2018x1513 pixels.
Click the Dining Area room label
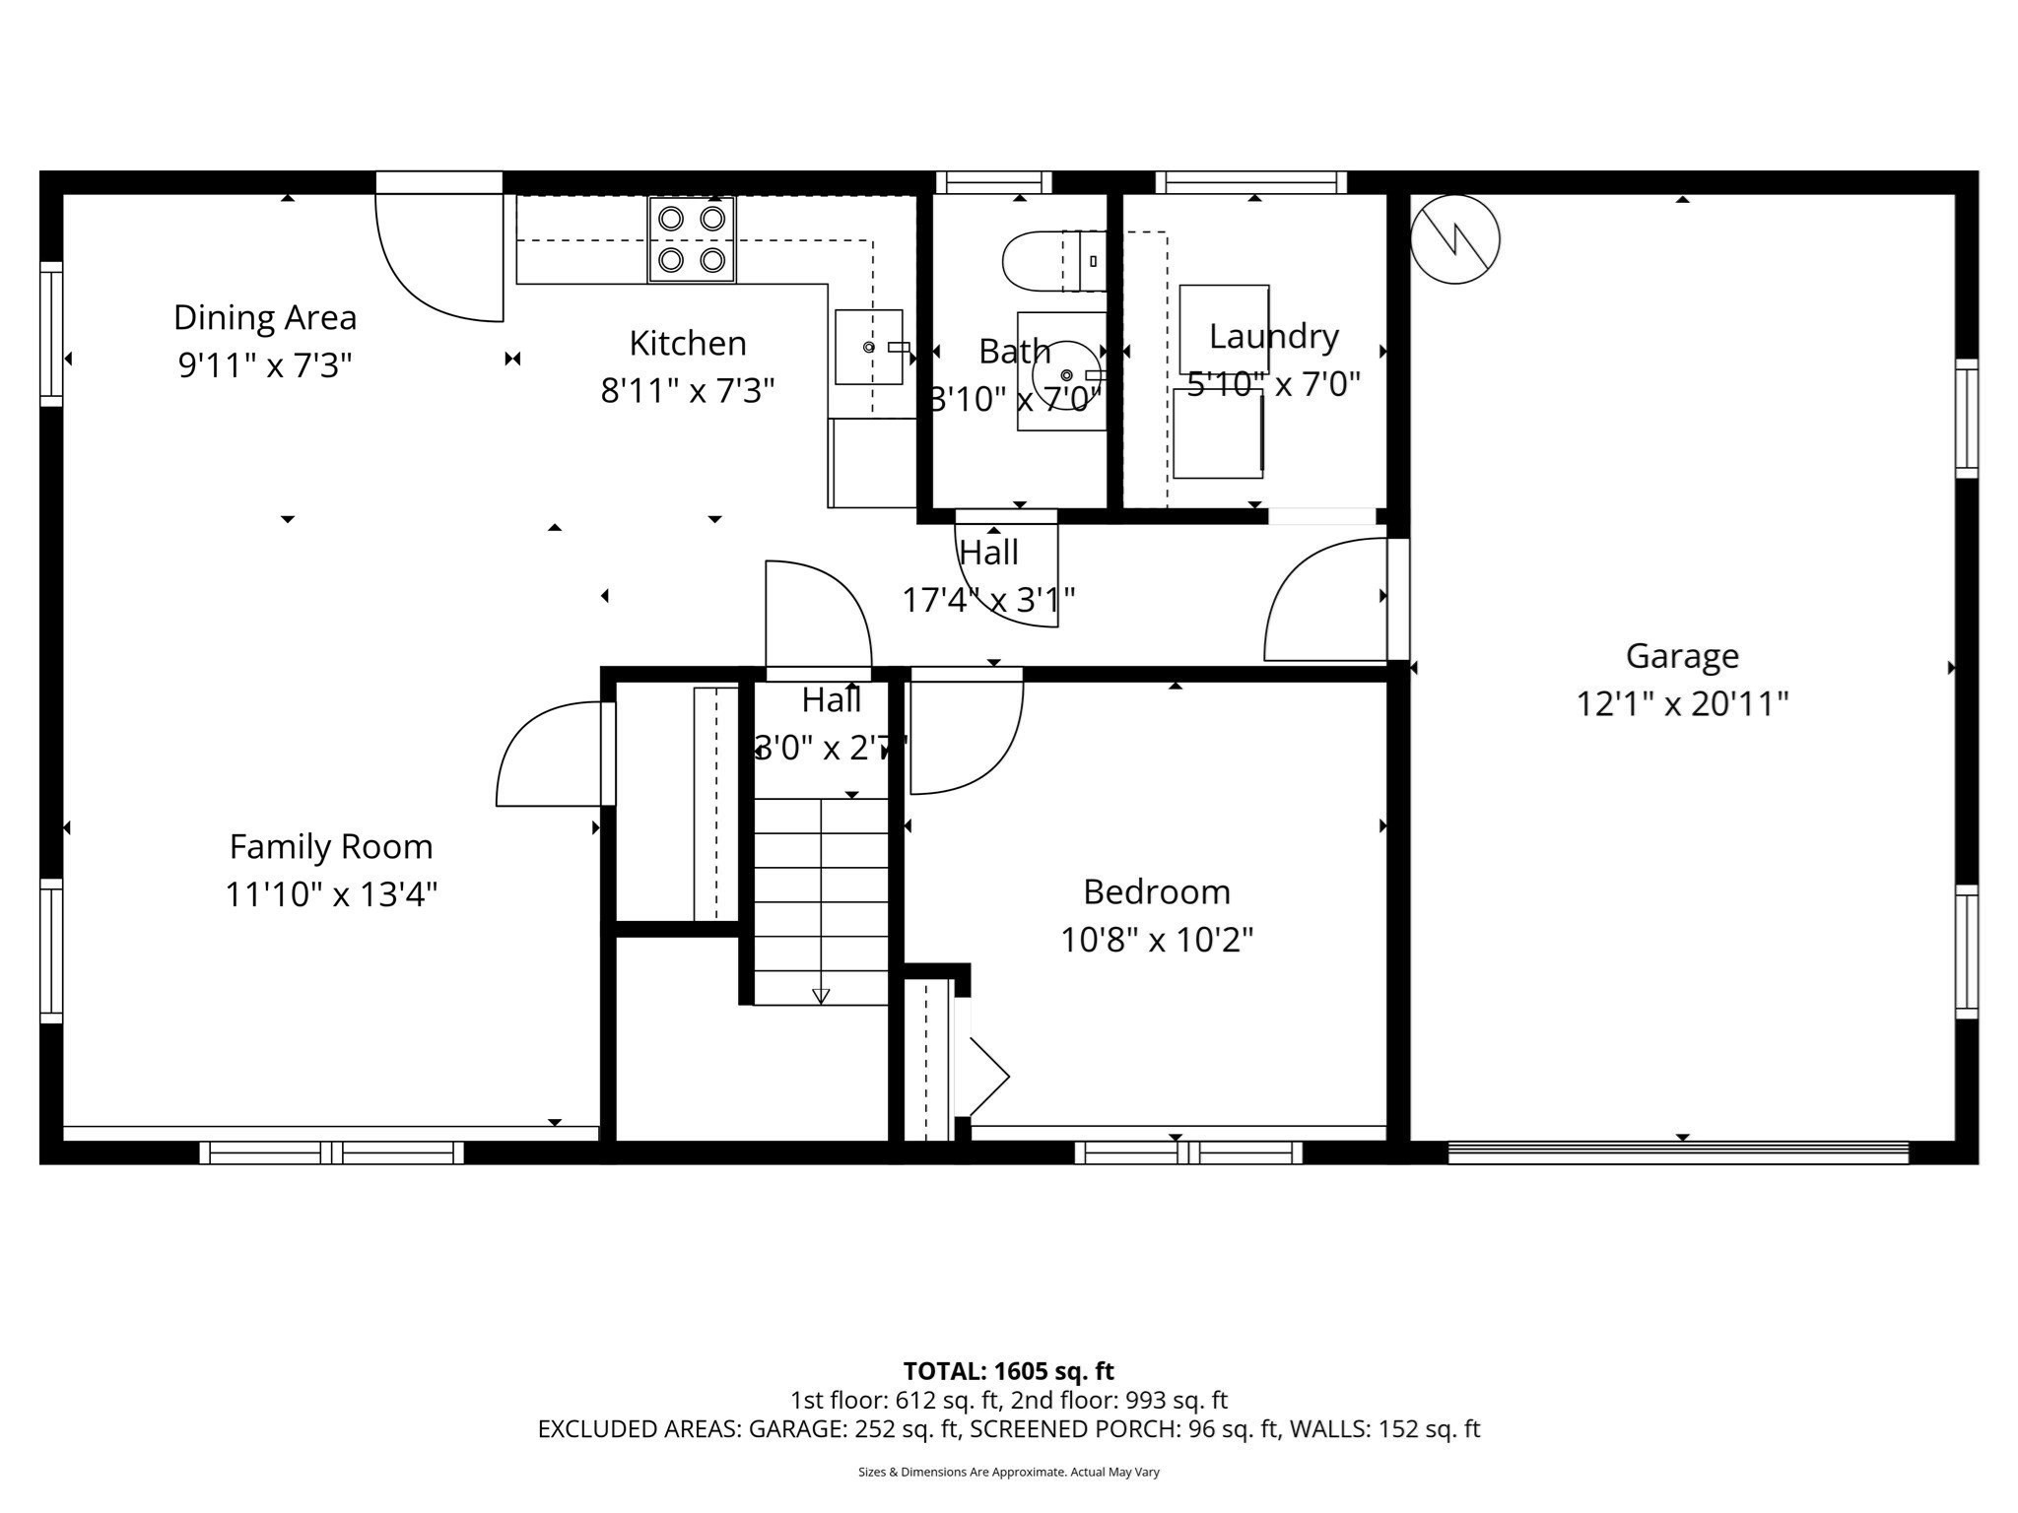click(264, 317)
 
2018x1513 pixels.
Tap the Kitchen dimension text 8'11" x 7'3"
click(688, 391)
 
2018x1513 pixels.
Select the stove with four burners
click(692, 239)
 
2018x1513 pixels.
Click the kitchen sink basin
click(868, 347)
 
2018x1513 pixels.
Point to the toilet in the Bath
click(1049, 261)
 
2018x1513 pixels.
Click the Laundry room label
click(1273, 337)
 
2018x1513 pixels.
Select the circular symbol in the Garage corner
click(1454, 239)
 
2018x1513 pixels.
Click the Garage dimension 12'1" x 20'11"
click(1682, 704)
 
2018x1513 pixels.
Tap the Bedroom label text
click(1157, 892)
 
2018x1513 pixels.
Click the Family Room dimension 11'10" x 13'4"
click(331, 895)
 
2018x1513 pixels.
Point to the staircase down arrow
click(821, 995)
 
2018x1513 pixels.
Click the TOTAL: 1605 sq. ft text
click(1008, 1371)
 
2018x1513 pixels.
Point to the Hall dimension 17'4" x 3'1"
click(988, 600)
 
